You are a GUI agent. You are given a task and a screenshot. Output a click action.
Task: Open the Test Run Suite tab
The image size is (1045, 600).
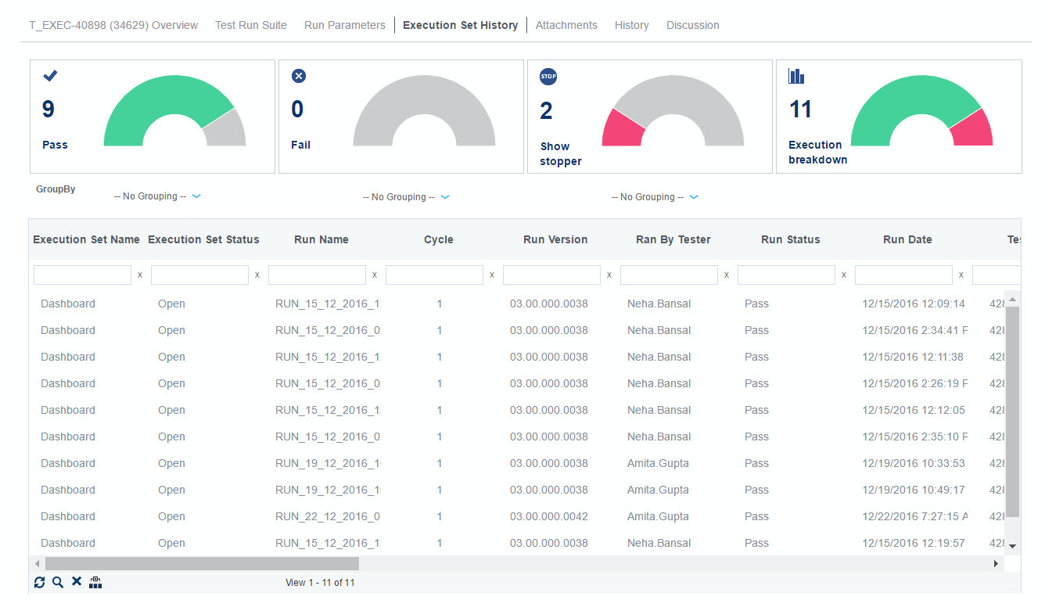point(251,25)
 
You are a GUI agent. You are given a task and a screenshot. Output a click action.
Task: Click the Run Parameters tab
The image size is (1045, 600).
point(345,25)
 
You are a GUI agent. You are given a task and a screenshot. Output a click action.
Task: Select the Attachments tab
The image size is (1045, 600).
point(566,25)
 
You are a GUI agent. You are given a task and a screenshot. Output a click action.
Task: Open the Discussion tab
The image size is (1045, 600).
point(692,25)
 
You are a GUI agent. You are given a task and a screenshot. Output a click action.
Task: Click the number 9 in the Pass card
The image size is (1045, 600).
point(48,109)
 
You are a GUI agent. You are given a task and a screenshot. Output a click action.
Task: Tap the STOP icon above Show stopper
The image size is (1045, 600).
point(548,77)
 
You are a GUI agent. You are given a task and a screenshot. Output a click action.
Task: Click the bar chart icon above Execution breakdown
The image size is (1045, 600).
point(796,76)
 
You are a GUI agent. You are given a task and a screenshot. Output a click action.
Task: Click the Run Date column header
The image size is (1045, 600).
point(907,239)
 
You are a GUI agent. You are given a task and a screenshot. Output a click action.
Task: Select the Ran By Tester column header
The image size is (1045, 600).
point(673,239)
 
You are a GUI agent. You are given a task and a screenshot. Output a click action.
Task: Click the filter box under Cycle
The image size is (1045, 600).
point(434,275)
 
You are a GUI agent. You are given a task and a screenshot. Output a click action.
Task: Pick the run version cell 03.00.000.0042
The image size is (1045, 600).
point(549,516)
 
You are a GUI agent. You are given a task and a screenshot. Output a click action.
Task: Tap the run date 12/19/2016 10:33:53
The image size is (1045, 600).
point(914,463)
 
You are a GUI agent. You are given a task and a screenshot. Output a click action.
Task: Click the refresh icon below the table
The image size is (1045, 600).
point(40,582)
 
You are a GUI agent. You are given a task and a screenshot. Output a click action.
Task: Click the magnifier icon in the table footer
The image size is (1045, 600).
point(58,582)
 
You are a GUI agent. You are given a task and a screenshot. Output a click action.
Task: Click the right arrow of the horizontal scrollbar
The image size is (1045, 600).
point(996,563)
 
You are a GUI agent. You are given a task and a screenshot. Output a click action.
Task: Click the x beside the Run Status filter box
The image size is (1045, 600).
point(844,275)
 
